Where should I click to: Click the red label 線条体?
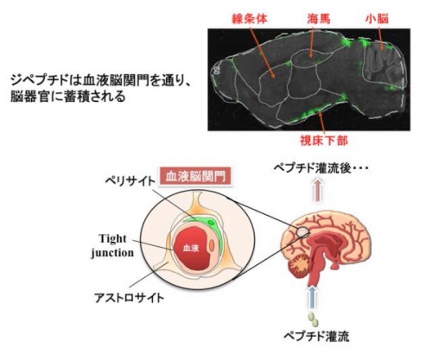click(251, 19)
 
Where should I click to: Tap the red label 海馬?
click(319, 19)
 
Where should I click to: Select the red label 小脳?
click(378, 19)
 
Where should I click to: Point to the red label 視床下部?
click(324, 141)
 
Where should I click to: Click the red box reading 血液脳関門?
click(195, 176)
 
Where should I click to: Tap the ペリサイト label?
click(130, 181)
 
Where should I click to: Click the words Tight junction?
click(112, 245)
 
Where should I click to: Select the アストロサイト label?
click(130, 298)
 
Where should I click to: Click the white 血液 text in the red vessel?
click(191, 248)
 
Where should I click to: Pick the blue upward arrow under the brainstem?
click(312, 297)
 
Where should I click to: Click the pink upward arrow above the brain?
click(317, 190)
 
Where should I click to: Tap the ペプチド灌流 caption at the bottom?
click(316, 336)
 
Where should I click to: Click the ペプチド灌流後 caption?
click(321, 168)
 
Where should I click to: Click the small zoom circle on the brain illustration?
click(302, 231)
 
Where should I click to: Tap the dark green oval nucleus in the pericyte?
click(212, 223)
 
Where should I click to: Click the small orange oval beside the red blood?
click(212, 246)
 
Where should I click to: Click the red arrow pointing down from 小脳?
click(380, 38)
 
